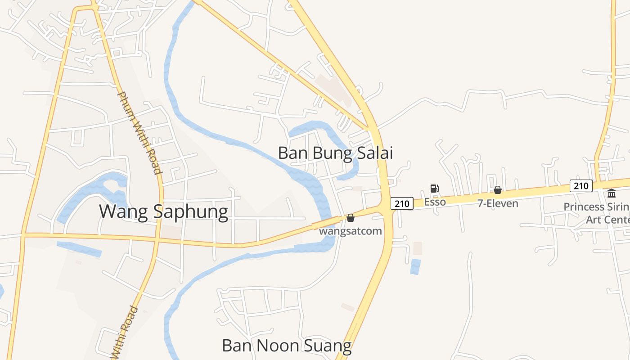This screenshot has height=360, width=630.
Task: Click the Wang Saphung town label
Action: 163,211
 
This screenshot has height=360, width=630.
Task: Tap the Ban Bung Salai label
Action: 335,153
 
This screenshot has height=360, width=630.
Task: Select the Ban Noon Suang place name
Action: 287,346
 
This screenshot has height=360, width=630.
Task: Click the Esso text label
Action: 435,202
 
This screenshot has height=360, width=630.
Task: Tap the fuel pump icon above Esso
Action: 434,189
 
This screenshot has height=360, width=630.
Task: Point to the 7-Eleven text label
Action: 498,203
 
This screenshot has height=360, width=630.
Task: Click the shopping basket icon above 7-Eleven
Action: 498,190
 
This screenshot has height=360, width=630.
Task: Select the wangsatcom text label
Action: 350,231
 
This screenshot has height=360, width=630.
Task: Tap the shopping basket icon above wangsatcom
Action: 351,218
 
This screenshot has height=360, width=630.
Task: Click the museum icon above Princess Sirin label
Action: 612,193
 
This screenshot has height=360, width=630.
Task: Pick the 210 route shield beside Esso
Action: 401,203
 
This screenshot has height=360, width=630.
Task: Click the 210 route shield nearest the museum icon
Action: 581,185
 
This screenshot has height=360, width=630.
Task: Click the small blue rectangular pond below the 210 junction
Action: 416,266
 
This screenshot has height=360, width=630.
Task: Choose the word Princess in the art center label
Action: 584,207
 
